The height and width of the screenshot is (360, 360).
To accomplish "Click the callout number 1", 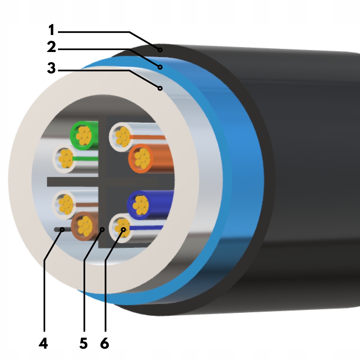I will pos(51,31).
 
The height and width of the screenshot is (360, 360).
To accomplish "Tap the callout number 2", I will pos(52,48).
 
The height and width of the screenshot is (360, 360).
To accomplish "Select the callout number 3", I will pos(51,68).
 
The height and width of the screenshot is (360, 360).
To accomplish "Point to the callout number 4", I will pos(43,343).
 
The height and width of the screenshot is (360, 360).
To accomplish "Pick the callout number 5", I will pos(83,343).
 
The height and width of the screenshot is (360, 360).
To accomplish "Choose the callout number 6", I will pos(105,343).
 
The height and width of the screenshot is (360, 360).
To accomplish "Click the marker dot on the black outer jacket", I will pos(160,50).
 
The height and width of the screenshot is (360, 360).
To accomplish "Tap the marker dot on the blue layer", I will pos(160,67).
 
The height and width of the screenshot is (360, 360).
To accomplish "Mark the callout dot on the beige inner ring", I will pos(160,88).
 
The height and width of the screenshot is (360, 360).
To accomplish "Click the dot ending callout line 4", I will pos(62,230).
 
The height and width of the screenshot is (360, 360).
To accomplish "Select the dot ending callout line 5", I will pos(102,230).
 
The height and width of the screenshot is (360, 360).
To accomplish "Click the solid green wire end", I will pos(83,135).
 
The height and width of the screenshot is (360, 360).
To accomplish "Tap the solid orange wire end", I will pos(141,158).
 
